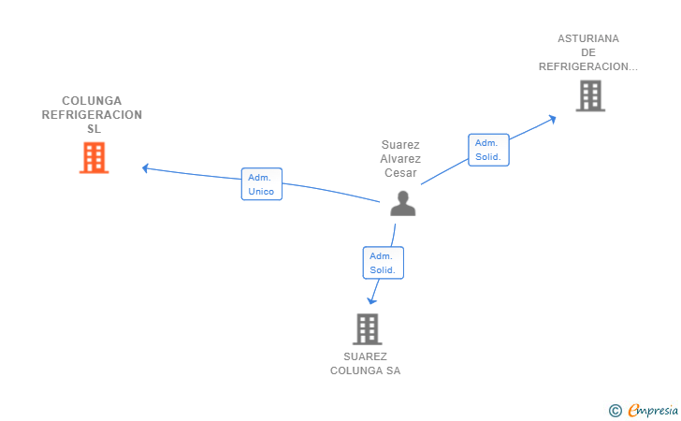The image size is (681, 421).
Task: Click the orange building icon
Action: (x=94, y=158)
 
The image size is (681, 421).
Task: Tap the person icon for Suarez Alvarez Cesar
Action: (x=403, y=203)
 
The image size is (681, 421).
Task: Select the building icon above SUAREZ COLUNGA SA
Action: (x=367, y=329)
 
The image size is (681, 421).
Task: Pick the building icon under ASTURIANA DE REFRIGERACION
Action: (x=590, y=96)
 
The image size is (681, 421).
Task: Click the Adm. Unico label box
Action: (x=262, y=184)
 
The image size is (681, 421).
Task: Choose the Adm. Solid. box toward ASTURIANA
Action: (x=488, y=150)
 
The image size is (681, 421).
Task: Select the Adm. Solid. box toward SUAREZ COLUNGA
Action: (x=384, y=263)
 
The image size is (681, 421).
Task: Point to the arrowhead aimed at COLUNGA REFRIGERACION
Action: (x=146, y=168)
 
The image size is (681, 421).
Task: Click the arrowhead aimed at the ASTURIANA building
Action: (x=553, y=119)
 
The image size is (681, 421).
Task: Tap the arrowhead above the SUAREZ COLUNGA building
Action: (x=371, y=300)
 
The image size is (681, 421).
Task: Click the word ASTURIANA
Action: (x=588, y=38)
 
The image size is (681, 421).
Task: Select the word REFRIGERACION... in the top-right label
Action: (x=588, y=66)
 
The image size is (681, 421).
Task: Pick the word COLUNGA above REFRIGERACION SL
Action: (x=92, y=101)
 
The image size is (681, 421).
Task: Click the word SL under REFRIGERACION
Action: (x=94, y=129)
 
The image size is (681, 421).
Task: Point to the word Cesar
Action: (x=400, y=173)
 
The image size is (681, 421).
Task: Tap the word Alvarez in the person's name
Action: (x=400, y=159)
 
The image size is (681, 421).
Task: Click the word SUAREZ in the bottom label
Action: (x=365, y=356)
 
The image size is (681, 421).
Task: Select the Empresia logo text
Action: (x=653, y=411)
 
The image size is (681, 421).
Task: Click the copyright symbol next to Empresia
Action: (x=615, y=411)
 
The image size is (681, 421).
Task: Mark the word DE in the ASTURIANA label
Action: (x=588, y=52)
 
